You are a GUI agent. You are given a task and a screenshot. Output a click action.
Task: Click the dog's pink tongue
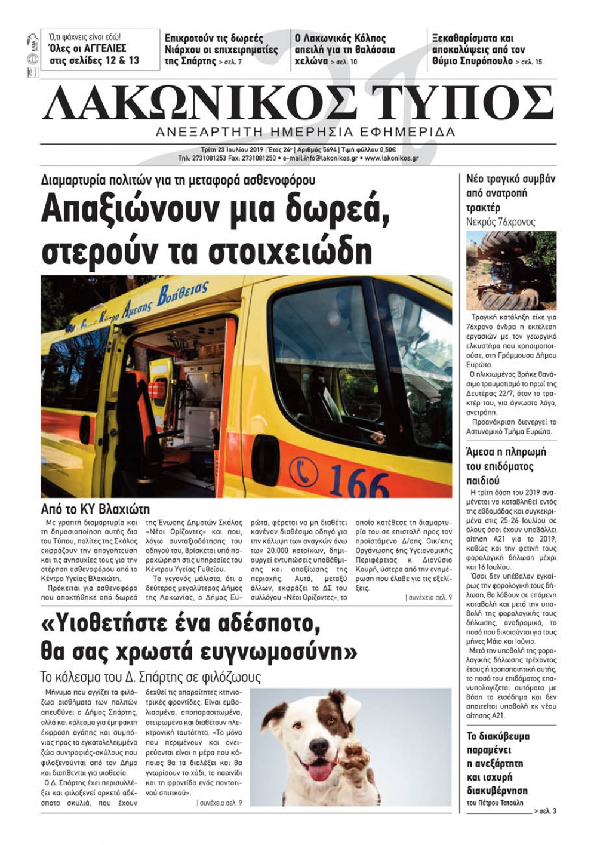(317, 770)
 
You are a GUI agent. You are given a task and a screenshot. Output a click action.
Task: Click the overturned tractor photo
(510, 270)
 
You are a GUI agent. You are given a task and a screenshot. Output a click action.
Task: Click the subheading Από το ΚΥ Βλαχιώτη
(96, 509)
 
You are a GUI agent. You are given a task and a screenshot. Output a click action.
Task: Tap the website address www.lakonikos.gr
(391, 159)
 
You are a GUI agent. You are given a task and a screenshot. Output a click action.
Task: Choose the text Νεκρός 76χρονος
(500, 222)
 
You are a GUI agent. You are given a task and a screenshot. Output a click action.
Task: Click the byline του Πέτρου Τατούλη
(496, 810)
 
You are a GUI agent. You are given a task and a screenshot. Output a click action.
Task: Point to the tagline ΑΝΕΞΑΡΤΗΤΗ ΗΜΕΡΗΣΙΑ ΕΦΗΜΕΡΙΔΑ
(305, 132)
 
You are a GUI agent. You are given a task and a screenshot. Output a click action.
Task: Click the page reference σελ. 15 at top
(531, 62)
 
